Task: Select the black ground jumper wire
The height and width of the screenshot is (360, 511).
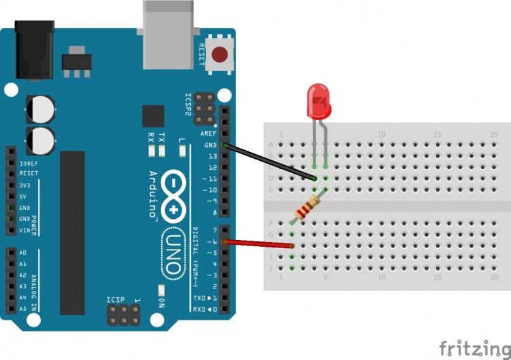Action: [x=270, y=162]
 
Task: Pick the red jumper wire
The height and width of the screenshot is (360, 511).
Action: [x=260, y=243]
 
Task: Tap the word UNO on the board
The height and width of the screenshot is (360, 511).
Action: [x=172, y=252]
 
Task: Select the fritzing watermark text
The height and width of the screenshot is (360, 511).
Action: [x=474, y=348]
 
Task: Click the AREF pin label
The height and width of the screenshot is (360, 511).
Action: [x=208, y=134]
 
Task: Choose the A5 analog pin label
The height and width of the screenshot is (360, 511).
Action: [x=23, y=308]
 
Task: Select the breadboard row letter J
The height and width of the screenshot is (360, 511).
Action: [x=272, y=268]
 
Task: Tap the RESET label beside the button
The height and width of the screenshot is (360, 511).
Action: [x=202, y=53]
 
